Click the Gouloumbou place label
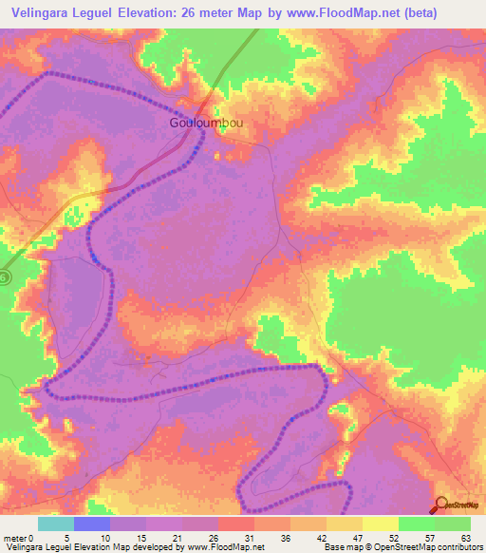[211, 124]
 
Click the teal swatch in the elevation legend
[56, 524]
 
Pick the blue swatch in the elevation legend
[92, 524]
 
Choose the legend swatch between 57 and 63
[453, 524]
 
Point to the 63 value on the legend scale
[464, 537]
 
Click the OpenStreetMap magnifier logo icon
[441, 505]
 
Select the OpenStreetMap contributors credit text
[418, 547]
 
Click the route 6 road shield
[5, 276]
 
